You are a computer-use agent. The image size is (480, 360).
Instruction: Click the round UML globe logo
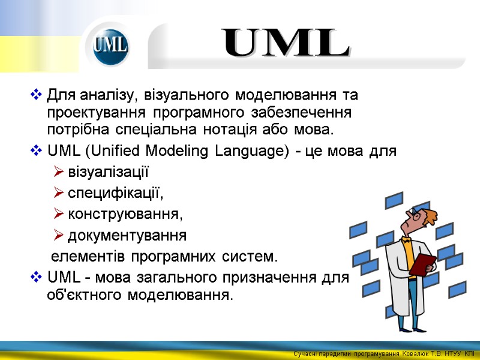click(x=111, y=46)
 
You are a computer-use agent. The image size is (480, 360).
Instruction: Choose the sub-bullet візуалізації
click(x=108, y=173)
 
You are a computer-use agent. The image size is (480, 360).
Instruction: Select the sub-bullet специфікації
click(x=115, y=193)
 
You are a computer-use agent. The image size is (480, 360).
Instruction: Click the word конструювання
click(x=124, y=214)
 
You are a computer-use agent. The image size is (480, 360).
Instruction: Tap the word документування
click(x=127, y=235)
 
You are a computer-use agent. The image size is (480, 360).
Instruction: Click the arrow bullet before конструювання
click(x=58, y=214)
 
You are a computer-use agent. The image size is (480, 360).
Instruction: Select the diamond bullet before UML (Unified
click(x=35, y=151)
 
